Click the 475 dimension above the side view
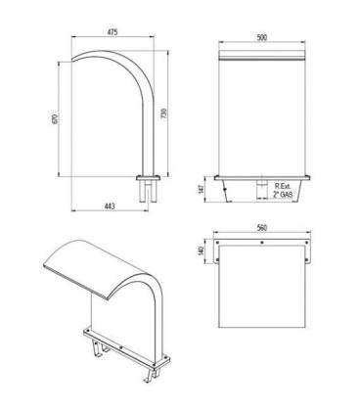[x=112, y=32]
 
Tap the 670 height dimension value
[x=55, y=119]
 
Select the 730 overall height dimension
[x=164, y=113]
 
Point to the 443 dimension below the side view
[x=110, y=205]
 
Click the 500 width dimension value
[x=262, y=37]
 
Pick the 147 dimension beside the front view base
[x=201, y=189]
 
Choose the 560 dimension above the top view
[x=262, y=228]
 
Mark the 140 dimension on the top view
[x=201, y=251]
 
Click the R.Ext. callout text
[x=282, y=186]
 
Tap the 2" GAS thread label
[x=283, y=195]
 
